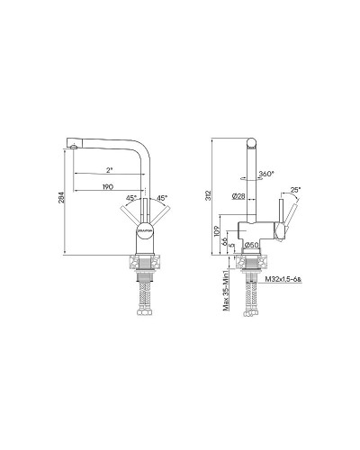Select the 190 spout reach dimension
pos(107,185)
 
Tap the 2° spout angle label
pos(110,169)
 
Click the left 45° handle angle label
pos(131,198)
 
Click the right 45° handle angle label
pos(163,198)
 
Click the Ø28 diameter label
pos(239,195)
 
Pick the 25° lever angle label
pos(296,190)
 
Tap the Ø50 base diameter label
pos(254,245)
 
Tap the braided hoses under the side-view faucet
pos(253,297)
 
